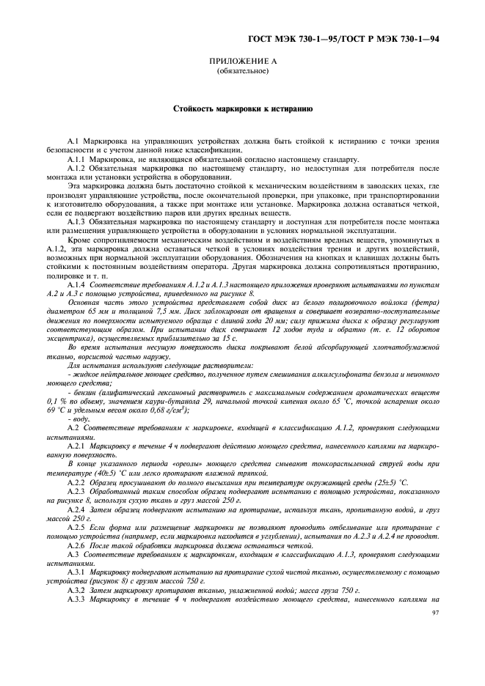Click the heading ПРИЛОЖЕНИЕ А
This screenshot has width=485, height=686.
[x=243, y=62]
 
